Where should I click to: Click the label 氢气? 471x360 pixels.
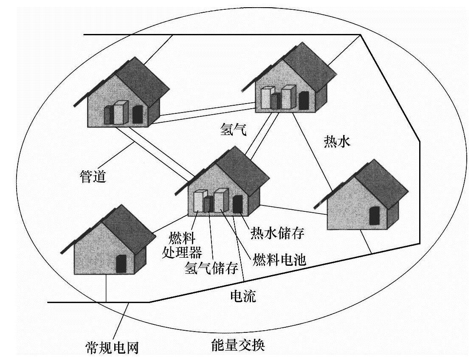click(233, 128)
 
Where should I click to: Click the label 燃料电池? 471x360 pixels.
click(279, 259)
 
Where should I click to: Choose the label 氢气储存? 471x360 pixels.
click(210, 267)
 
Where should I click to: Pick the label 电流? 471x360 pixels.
click(243, 295)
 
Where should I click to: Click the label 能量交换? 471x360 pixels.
click(238, 345)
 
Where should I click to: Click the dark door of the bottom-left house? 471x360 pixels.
click(121, 264)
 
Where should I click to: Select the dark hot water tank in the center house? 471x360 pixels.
click(237, 204)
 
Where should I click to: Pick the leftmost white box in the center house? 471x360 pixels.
click(199, 201)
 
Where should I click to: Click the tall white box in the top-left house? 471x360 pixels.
click(121, 112)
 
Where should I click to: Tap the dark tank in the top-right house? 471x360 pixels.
click(304, 100)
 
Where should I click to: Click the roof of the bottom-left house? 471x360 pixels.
click(123, 225)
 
